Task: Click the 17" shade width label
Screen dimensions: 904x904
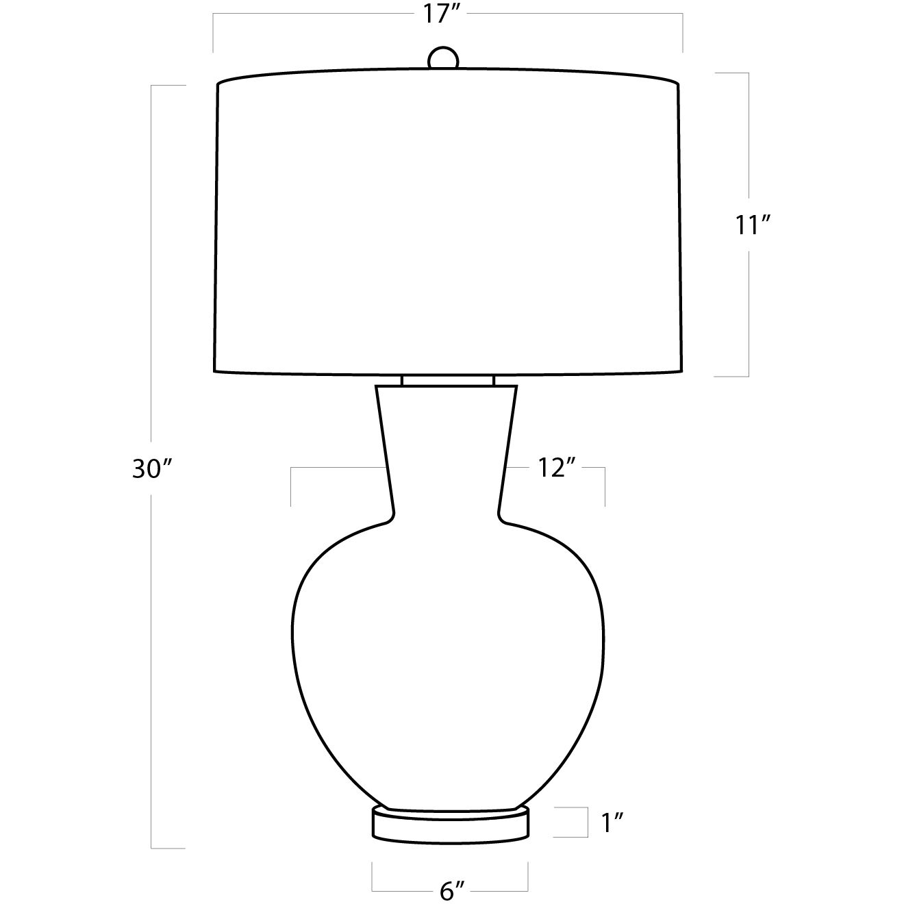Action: (440, 14)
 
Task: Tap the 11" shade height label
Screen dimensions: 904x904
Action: (753, 225)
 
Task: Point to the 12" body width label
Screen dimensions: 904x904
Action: (556, 468)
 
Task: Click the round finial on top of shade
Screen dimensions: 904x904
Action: (443, 58)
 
